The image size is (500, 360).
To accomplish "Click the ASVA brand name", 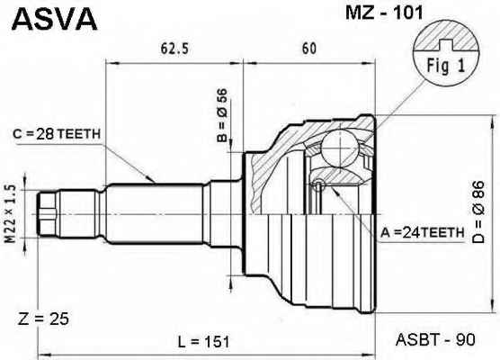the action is tap(54, 19).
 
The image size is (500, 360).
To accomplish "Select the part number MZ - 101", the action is tap(385, 13).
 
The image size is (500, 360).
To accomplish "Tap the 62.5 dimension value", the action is tap(174, 49).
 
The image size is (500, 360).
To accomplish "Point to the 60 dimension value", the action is tap(309, 49).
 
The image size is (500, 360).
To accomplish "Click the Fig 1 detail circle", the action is tap(446, 53).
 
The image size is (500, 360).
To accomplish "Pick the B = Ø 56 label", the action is tap(222, 115).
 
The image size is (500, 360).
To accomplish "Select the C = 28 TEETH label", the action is tap(57, 134).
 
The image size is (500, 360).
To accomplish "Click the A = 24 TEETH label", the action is tap(422, 233).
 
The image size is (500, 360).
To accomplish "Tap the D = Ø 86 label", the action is tap(478, 211).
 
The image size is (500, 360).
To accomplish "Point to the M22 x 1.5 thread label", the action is tap(10, 214).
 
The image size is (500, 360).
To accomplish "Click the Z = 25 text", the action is tap(43, 319).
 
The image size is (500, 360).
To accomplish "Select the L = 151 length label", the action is tap(203, 342).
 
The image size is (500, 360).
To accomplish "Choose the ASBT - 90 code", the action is tap(435, 340).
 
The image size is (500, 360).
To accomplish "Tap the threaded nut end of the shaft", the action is tap(47, 214).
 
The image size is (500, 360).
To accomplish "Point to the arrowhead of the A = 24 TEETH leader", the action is tap(334, 190).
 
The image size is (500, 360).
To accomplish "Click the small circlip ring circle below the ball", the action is tap(318, 185).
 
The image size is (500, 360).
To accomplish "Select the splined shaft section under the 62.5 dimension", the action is tap(155, 214).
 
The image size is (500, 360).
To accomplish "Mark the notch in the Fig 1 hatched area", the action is tap(446, 45).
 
